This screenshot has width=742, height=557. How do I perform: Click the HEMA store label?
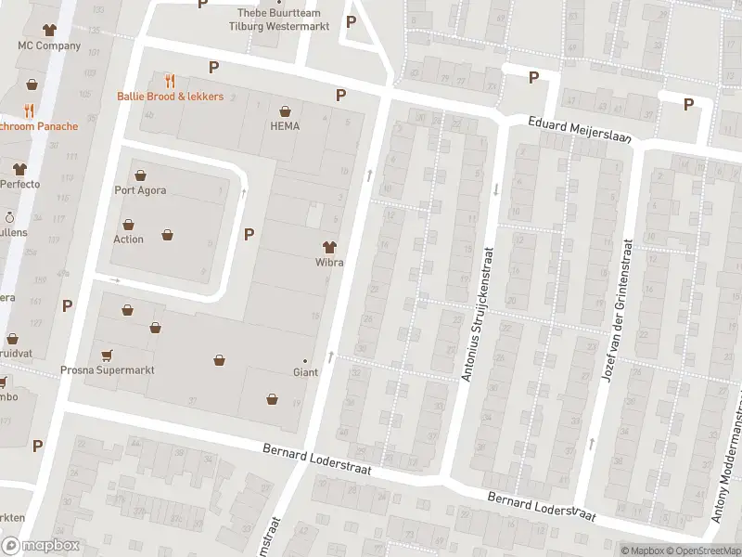285,126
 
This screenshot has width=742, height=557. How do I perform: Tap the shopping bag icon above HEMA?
285,110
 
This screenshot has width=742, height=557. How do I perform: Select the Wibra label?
328,263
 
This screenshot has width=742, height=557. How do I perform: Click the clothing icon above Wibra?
328,246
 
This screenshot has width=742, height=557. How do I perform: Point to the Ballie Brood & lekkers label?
170,97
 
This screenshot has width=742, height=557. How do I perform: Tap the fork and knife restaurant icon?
170,81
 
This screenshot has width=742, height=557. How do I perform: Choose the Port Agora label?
140,191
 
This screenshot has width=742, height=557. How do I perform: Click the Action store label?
128,240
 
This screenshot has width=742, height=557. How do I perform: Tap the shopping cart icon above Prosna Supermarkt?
107,354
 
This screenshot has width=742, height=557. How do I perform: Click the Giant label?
305,373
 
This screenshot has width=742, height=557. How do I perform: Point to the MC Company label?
49,45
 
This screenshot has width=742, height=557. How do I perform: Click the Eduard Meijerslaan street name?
580,129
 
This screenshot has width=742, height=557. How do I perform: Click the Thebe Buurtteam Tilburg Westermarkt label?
278,20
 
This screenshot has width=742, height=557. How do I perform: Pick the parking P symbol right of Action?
249,234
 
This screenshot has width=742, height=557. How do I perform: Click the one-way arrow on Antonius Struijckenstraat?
496,189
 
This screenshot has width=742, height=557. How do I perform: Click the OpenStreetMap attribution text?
705,551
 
